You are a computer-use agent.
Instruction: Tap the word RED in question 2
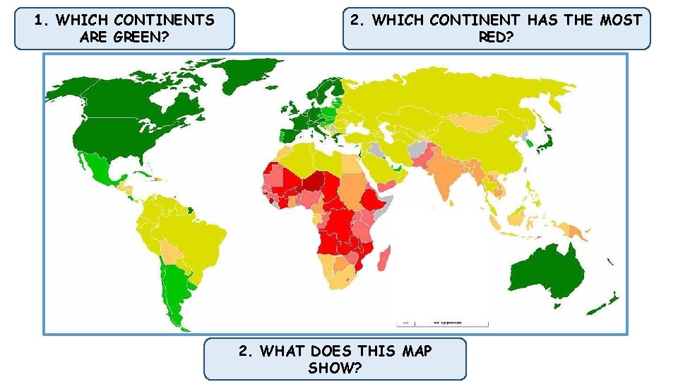(x=496, y=37)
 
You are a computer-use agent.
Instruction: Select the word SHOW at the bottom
(x=335, y=368)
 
